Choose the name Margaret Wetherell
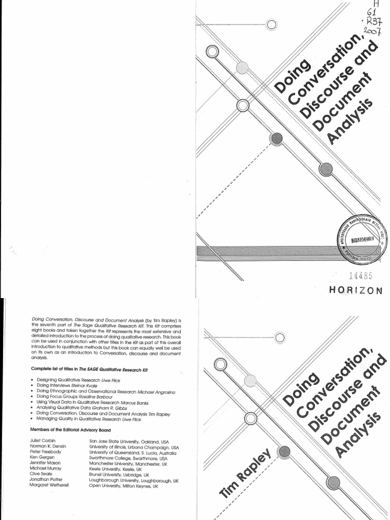click(53, 486)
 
